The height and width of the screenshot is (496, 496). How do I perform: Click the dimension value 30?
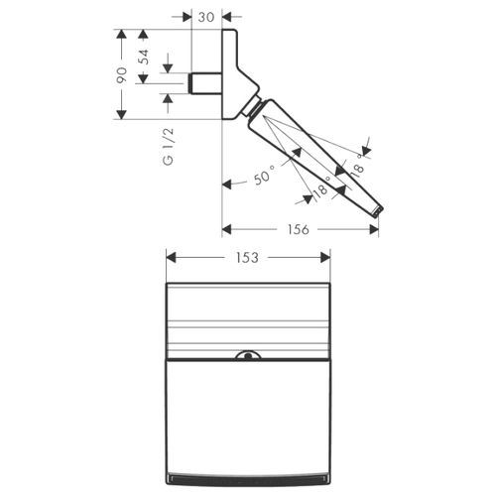206,17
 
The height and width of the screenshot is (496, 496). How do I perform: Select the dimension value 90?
121,75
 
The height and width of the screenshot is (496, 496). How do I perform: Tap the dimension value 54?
144,57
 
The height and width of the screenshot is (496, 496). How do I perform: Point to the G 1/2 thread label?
169,146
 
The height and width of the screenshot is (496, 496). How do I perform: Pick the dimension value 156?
299,229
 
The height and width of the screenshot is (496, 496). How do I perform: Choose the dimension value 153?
247,258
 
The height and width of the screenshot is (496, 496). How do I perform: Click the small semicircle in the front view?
248,354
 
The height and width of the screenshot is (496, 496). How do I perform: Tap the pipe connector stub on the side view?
204,83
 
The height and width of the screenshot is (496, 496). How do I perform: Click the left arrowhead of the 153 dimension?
171,258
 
